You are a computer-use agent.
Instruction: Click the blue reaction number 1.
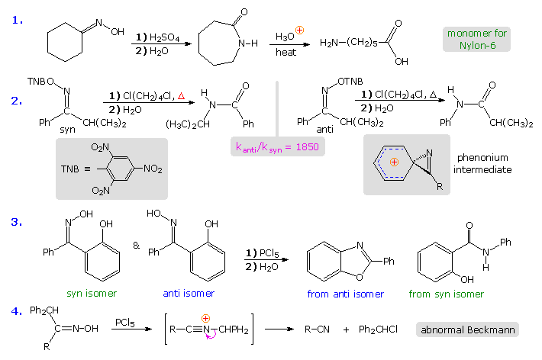pyautogui.click(x=18, y=20)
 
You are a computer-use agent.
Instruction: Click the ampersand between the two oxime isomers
pyautogui.click(x=137, y=246)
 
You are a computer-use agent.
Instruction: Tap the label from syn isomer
pyautogui.click(x=446, y=294)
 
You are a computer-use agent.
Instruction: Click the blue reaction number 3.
pyautogui.click(x=18, y=223)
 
